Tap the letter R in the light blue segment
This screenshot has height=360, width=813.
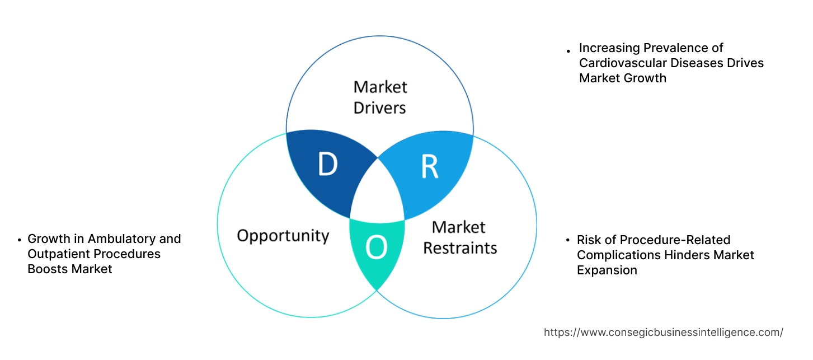pyautogui.click(x=429, y=166)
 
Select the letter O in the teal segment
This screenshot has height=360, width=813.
pyautogui.click(x=376, y=249)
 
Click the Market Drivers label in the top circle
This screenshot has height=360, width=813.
pyautogui.click(x=380, y=97)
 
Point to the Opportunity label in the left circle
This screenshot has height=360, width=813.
pyautogui.click(x=283, y=235)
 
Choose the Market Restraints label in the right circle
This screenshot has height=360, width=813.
pyautogui.click(x=459, y=237)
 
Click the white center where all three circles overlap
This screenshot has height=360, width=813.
pyautogui.click(x=377, y=193)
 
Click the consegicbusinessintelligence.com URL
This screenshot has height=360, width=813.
pyautogui.click(x=663, y=332)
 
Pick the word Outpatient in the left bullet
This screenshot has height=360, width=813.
pyautogui.click(x=58, y=254)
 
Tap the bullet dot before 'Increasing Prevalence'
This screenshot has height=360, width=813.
pyautogui.click(x=569, y=50)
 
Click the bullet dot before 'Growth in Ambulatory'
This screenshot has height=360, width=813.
pyautogui.click(x=20, y=240)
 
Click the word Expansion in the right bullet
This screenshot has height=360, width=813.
pyautogui.click(x=607, y=270)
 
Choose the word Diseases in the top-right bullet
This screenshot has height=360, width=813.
pyautogui.click(x=690, y=63)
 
